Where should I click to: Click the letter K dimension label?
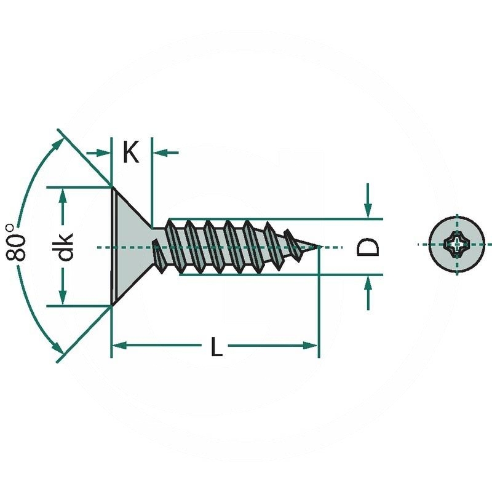click(x=130, y=152)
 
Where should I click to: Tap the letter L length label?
click(x=215, y=347)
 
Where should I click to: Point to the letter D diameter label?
click(x=368, y=247)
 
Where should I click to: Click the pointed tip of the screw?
click(x=319, y=247)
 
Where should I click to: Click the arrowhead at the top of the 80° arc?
click(x=58, y=143)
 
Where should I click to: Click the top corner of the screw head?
click(x=111, y=187)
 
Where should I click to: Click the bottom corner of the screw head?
click(x=111, y=304)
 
